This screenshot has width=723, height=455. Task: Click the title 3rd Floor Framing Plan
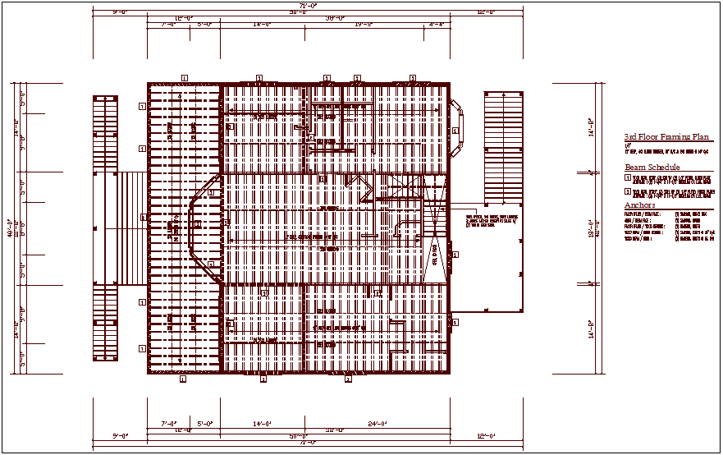[x=667, y=137]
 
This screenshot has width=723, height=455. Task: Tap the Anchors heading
[x=639, y=205]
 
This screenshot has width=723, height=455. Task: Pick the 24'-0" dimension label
[x=401, y=424]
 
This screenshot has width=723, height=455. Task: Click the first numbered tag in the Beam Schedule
[x=627, y=177]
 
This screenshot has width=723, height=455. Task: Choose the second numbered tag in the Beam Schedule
[x=627, y=191]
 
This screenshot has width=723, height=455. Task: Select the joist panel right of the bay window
[x=502, y=148]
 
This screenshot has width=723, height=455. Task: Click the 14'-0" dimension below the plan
[x=263, y=424]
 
